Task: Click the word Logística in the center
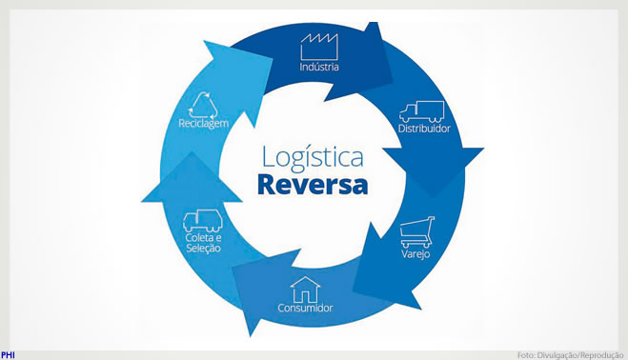[313, 158]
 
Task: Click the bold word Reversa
[313, 184]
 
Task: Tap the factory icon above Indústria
[319, 47]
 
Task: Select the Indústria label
[319, 67]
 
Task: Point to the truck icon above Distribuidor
[422, 111]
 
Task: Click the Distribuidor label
[424, 129]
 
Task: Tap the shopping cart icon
[417, 232]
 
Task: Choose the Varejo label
[415, 254]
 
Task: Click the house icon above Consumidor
[305, 290]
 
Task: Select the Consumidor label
[305, 308]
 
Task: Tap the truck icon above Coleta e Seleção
[203, 221]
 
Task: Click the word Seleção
[204, 249]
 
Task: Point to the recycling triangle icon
[204, 106]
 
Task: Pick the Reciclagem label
[204, 124]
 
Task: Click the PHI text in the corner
[8, 355]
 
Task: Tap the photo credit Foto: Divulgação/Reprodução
[570, 355]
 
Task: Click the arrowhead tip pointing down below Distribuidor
[434, 197]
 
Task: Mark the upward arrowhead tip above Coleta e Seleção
[192, 151]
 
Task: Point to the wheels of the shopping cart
[416, 244]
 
